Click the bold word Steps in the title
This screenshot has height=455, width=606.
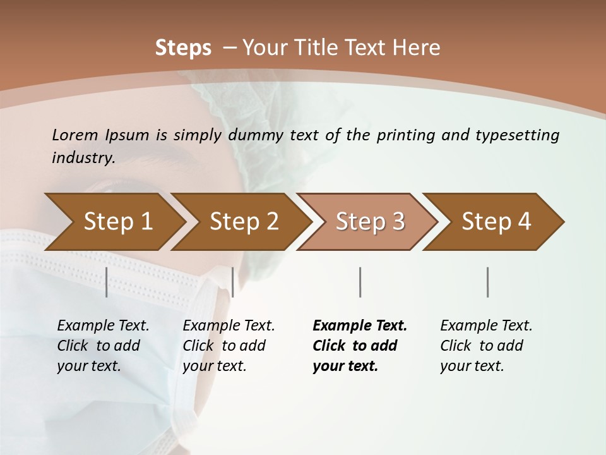tap(183, 48)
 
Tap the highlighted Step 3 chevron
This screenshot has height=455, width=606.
tap(370, 222)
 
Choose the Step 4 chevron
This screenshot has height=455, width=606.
tap(496, 222)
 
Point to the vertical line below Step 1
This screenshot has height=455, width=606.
tap(107, 282)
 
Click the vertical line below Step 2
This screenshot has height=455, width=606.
tap(233, 282)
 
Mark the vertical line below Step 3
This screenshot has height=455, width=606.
tap(360, 282)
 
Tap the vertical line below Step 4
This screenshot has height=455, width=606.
tap(487, 282)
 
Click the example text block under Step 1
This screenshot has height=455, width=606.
tap(103, 346)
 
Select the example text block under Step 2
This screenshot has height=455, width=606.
tap(229, 346)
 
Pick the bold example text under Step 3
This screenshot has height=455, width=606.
tap(360, 346)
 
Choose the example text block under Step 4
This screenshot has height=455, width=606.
tap(486, 346)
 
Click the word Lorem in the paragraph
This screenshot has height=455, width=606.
tap(74, 135)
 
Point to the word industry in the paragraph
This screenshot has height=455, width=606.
tap(83, 158)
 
